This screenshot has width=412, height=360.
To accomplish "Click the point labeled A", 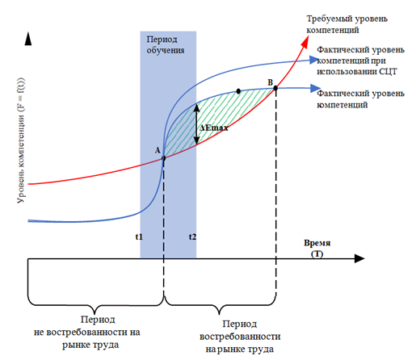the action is (163, 158).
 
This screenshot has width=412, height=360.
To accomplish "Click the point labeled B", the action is (275, 88).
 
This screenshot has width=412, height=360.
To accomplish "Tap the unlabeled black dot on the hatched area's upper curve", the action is (238, 91).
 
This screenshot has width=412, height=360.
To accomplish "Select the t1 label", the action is (139, 237).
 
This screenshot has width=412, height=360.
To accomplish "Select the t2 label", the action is (192, 237).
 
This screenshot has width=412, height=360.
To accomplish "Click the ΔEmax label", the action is (214, 128).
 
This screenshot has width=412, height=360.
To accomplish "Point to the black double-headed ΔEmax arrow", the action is (196, 123).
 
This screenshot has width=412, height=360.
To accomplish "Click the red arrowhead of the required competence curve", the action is (305, 42).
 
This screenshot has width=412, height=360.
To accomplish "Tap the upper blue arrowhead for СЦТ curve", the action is (314, 60).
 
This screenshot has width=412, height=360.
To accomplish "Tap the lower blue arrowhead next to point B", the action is (316, 88).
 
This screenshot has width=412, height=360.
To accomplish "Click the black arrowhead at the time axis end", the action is (359, 258).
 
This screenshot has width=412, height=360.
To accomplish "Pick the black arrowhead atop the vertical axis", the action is (28, 39).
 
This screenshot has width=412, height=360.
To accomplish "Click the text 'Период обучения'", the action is (166, 44).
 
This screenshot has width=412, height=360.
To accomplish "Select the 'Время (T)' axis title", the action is (317, 248).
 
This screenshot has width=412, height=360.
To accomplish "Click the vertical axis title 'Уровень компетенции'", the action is (21, 140).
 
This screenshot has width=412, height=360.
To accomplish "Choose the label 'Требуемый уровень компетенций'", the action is (347, 24).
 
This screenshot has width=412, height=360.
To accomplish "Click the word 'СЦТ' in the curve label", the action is (388, 72).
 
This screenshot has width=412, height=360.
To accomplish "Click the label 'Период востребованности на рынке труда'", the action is (240, 337).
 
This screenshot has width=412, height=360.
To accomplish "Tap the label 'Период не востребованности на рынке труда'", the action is (87, 332).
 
